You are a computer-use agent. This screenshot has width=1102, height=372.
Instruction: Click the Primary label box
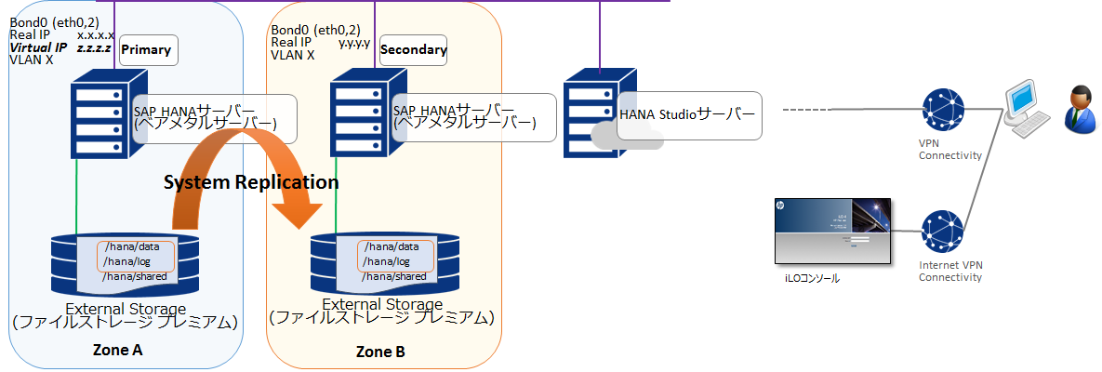pos(146,50)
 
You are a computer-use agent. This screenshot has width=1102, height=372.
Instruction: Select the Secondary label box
pos(413,50)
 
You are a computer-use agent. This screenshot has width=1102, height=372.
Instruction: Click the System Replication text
pos(251,182)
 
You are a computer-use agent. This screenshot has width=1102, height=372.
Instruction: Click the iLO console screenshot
pos(831,232)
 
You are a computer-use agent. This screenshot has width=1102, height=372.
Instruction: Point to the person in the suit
pos(1079,109)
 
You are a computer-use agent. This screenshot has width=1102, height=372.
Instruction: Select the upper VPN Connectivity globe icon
pos(942,111)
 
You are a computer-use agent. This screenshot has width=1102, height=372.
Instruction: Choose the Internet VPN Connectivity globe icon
pos(942,232)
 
